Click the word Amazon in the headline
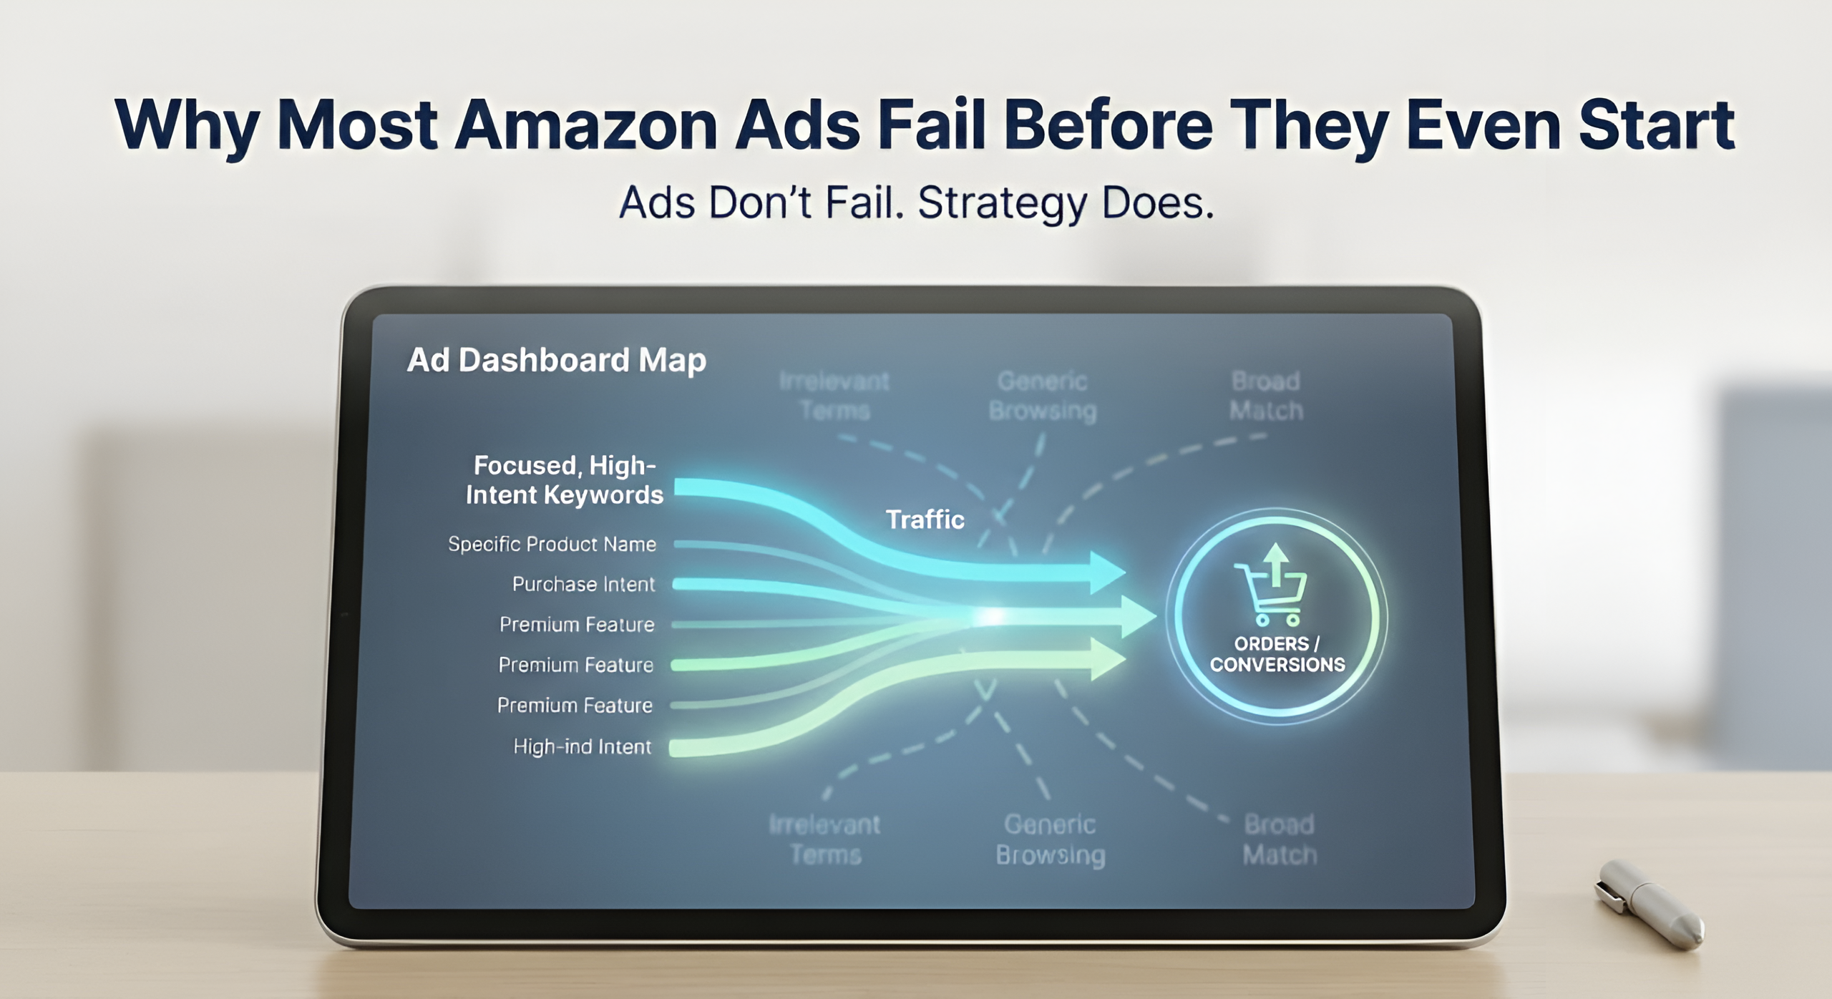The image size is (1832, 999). (585, 126)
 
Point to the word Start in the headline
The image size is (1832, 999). (1656, 126)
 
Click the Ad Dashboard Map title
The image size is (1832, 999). (556, 360)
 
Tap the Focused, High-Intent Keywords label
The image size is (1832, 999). (564, 480)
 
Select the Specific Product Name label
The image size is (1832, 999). (552, 545)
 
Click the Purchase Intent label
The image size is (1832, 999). (583, 585)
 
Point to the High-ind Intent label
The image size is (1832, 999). (582, 747)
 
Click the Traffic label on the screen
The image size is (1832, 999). (925, 520)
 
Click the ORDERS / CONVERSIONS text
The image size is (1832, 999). (1277, 654)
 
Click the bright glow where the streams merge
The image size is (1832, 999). (992, 615)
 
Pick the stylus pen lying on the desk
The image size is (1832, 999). (1648, 905)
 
